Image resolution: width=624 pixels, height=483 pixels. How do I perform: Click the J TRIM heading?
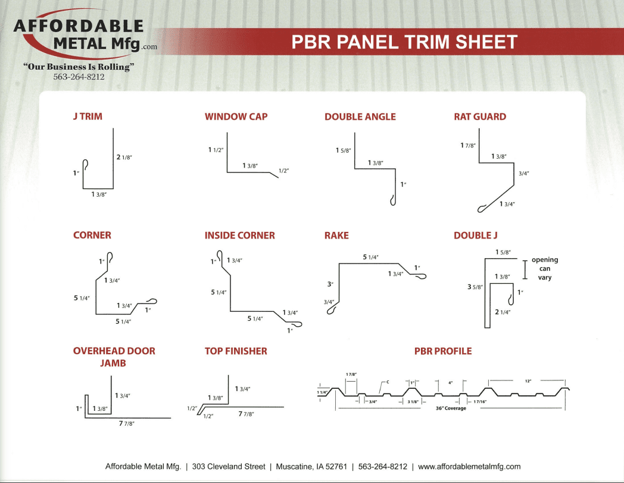[88, 116]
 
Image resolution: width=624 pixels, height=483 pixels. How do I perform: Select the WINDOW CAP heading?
[236, 117]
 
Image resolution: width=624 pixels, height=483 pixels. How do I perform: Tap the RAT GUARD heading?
[480, 117]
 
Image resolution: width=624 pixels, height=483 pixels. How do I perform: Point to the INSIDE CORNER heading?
[239, 236]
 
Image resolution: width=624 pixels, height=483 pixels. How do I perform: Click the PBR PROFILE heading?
[443, 351]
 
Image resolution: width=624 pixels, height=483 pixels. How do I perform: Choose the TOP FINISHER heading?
[236, 351]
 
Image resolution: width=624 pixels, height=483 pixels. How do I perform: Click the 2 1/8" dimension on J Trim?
[124, 157]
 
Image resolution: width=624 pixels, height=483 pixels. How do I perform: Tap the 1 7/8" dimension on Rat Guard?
[468, 145]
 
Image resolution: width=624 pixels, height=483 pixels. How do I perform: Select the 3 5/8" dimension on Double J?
[475, 287]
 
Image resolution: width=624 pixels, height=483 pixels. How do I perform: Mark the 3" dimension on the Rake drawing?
[330, 284]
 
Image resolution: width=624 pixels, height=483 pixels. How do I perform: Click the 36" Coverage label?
[451, 408]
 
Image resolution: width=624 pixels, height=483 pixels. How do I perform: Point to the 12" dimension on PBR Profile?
[528, 382]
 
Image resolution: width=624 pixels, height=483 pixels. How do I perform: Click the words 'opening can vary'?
[545, 268]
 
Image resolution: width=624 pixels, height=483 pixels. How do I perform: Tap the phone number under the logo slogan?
[79, 77]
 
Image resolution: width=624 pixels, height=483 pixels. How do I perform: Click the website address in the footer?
[469, 467]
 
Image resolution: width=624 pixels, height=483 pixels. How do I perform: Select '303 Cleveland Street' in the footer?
[229, 467]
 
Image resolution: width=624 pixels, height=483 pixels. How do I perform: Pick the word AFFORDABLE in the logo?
[79, 26]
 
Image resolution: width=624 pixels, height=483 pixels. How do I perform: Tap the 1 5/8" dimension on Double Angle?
[344, 150]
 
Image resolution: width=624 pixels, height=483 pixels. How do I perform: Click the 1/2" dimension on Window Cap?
[284, 171]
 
